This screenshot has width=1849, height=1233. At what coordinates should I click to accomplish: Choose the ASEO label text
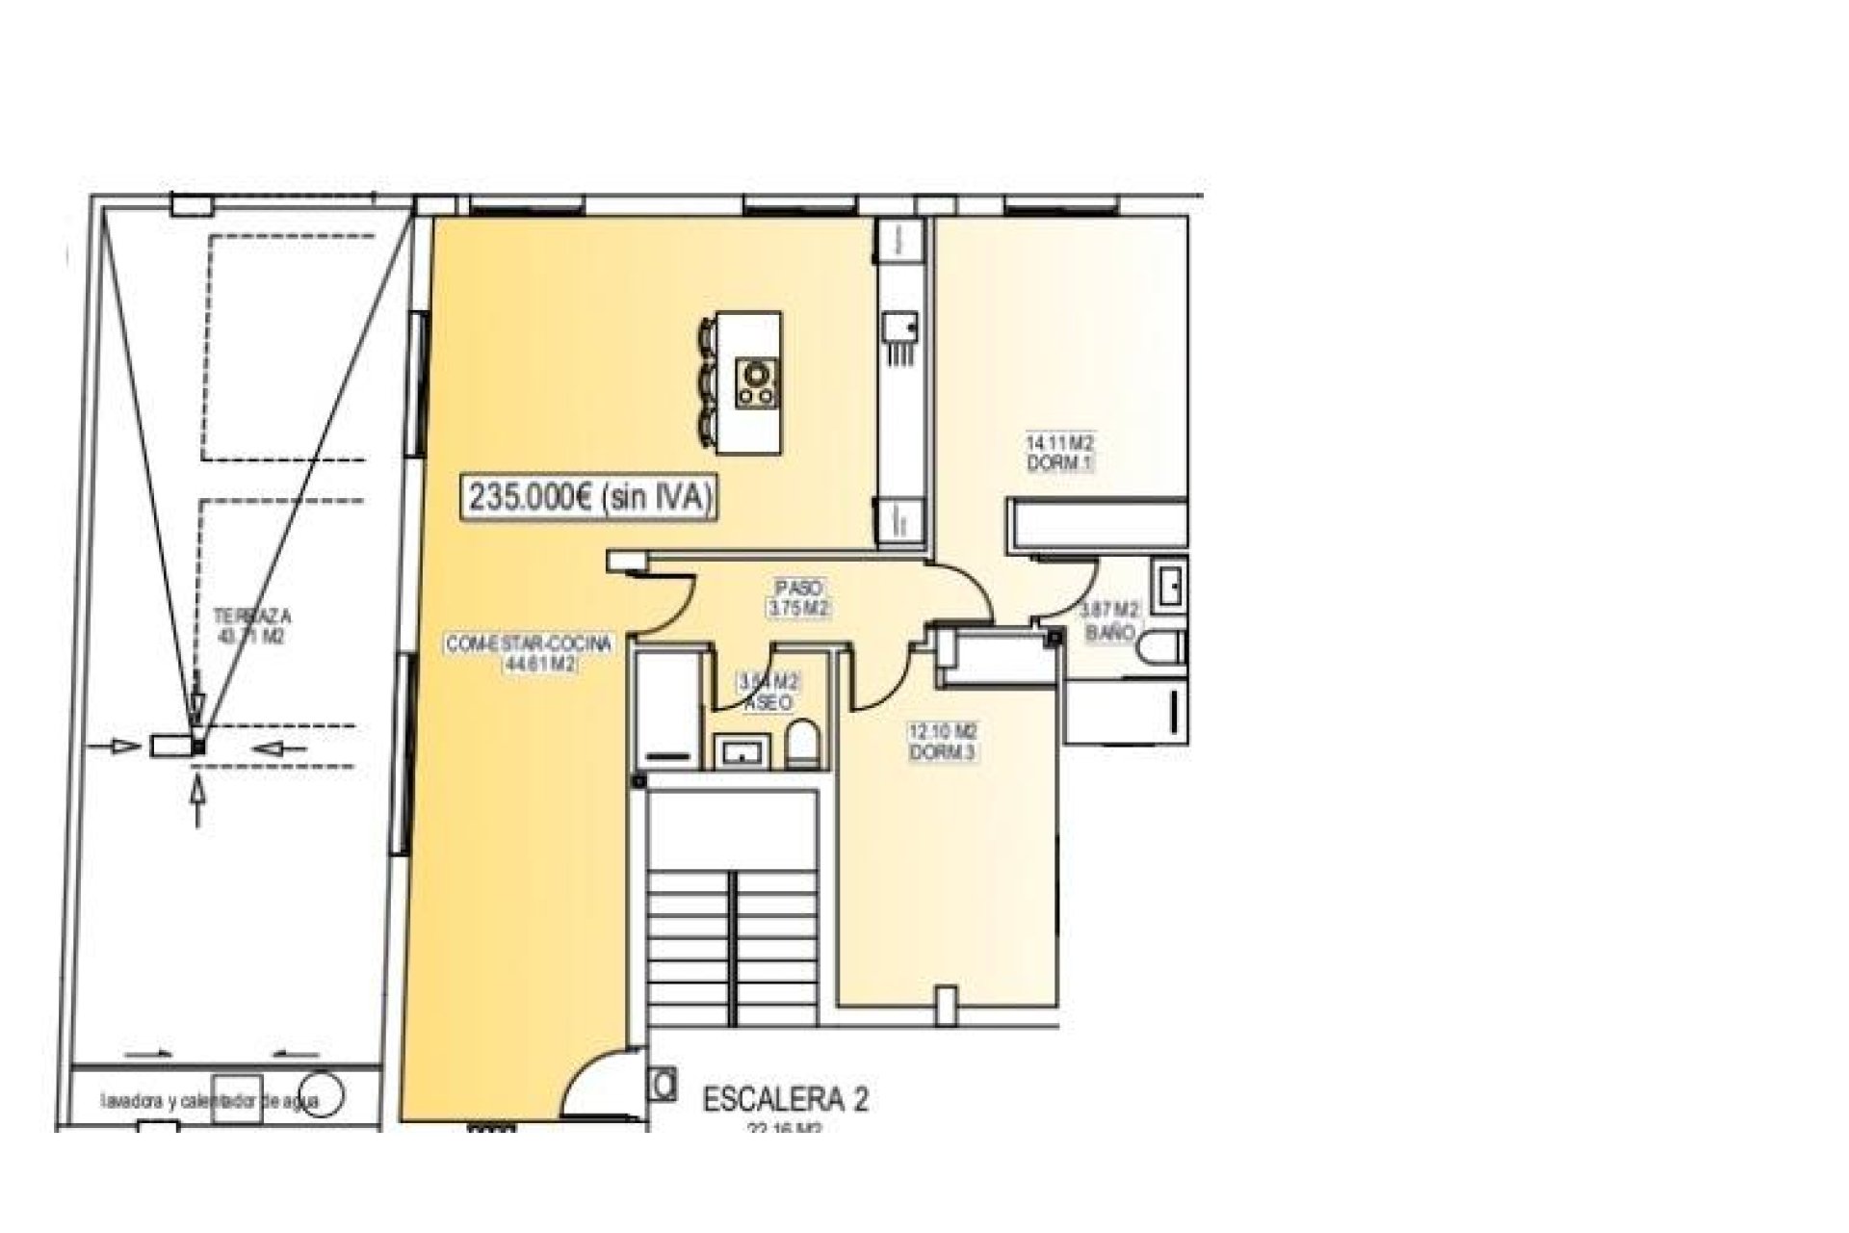[769, 703]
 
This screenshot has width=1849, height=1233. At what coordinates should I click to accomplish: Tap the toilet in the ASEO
[802, 747]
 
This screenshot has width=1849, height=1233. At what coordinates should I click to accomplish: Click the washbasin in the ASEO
[742, 749]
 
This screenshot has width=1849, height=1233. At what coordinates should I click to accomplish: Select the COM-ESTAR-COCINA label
[528, 644]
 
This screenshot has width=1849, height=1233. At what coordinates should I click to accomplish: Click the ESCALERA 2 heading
[785, 1099]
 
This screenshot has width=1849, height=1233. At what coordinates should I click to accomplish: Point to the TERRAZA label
[252, 616]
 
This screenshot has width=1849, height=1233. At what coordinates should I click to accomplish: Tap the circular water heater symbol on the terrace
[327, 1096]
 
